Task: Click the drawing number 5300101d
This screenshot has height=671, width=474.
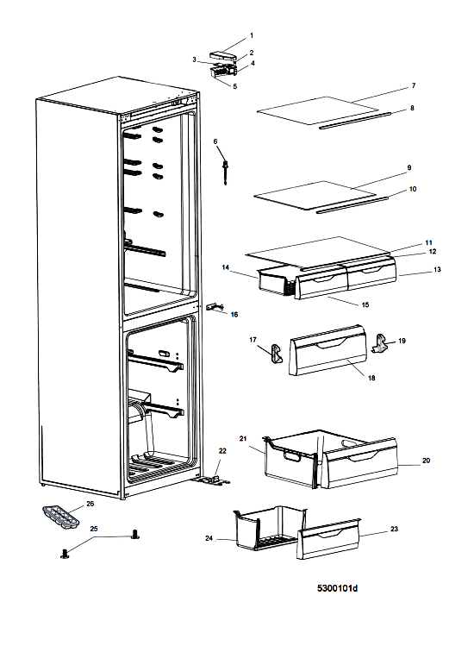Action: click(x=337, y=588)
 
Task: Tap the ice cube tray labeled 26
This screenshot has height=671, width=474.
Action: click(x=61, y=517)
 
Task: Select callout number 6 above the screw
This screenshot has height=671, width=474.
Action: click(x=215, y=141)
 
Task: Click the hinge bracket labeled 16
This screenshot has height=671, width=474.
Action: click(x=215, y=306)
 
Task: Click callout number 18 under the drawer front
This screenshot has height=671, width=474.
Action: click(x=371, y=378)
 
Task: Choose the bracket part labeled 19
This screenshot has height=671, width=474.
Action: click(x=380, y=343)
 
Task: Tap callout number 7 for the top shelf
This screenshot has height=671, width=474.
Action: click(x=414, y=85)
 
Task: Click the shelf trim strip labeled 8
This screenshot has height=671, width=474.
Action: click(x=355, y=120)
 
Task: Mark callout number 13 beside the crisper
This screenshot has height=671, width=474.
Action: click(x=437, y=270)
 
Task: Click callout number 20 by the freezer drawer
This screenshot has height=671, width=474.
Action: click(x=426, y=461)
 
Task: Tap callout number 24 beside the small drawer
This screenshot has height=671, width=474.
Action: click(x=209, y=538)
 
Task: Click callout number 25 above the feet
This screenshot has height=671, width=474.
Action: click(x=94, y=529)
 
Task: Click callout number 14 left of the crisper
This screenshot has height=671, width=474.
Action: click(x=226, y=267)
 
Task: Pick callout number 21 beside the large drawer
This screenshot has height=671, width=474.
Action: click(x=243, y=439)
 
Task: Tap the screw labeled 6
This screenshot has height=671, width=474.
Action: click(x=225, y=171)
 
